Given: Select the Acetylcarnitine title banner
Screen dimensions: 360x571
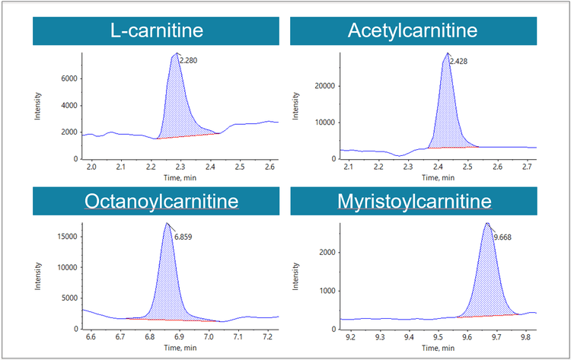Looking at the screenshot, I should (x=413, y=30).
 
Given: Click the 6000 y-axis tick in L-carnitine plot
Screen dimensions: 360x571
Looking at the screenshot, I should (x=67, y=78).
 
